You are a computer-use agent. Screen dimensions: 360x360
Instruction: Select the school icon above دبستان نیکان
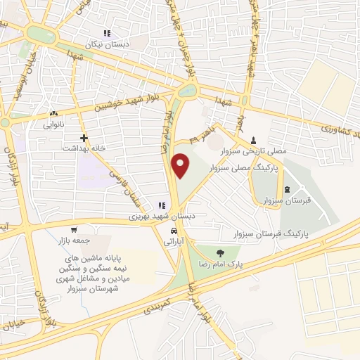107,33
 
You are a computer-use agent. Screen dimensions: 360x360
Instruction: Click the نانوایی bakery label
53,124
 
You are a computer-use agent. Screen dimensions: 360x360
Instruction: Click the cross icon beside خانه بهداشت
84,138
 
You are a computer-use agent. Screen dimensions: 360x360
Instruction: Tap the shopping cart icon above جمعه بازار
74,230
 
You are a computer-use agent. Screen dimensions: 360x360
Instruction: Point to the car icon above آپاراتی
174,231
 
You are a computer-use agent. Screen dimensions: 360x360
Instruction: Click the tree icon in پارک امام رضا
221,253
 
